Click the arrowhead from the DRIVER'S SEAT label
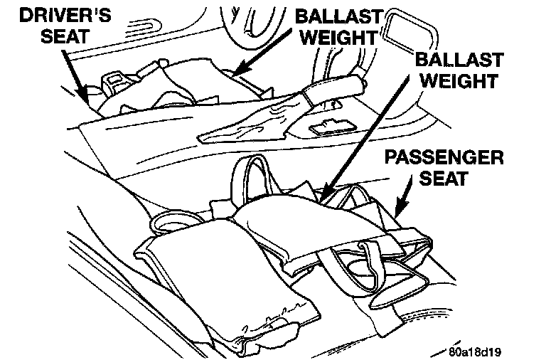pyautogui.click(x=88, y=97)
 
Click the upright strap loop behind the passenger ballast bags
pyautogui.click(x=250, y=174)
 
